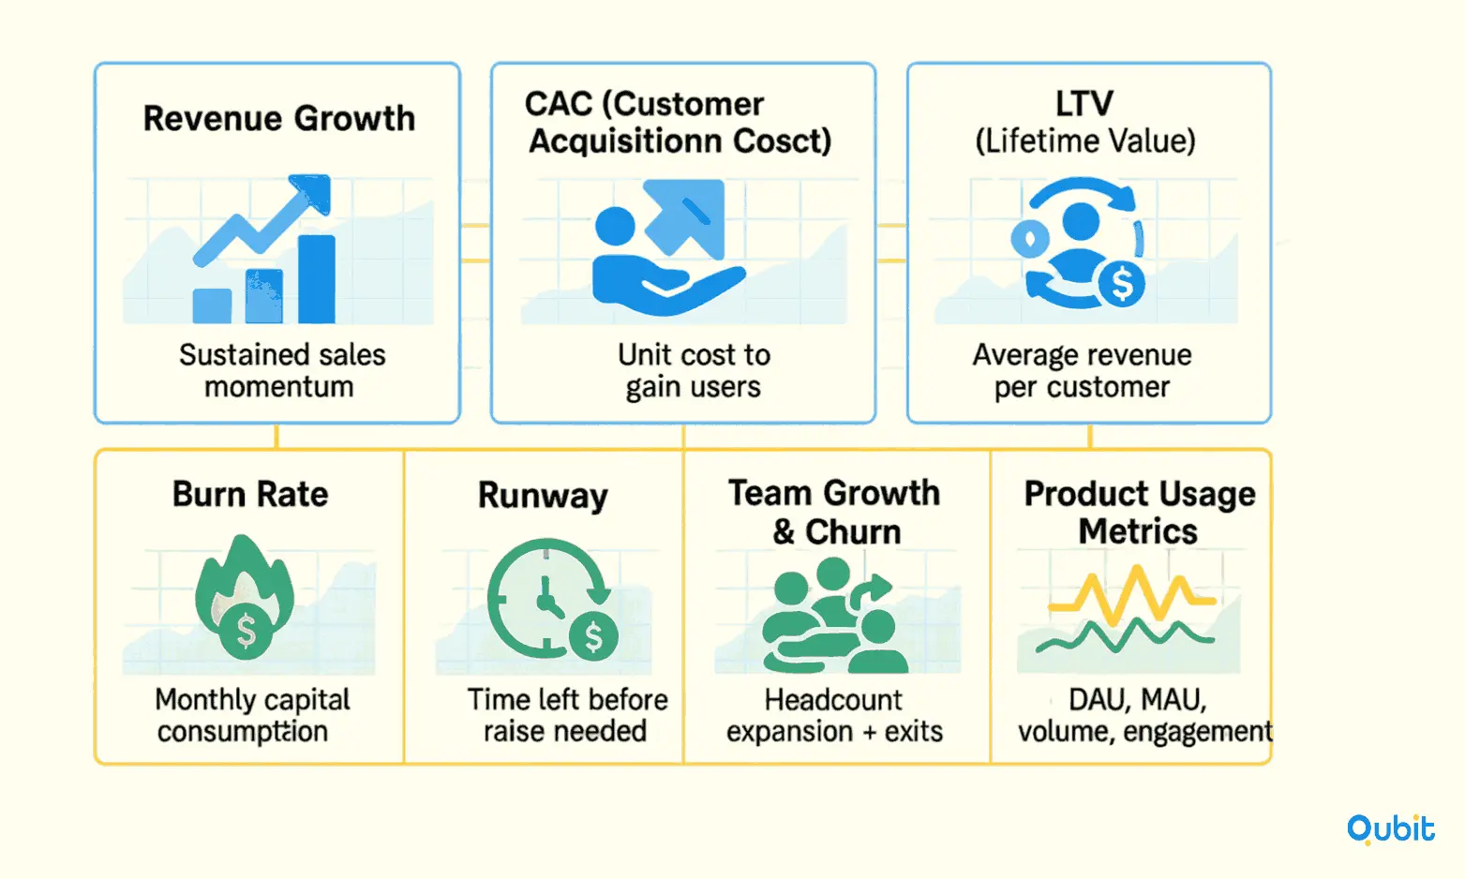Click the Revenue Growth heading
click(x=279, y=118)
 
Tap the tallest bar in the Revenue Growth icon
click(x=317, y=279)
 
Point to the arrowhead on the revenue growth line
click(x=312, y=193)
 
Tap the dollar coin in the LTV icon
click(x=1122, y=285)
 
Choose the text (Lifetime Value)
click(x=1085, y=141)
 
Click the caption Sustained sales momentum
click(x=282, y=371)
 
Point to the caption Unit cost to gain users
click(x=694, y=371)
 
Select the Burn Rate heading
click(x=250, y=494)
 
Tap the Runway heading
click(x=543, y=495)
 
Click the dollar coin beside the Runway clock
click(x=594, y=635)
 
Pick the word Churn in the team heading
click(x=853, y=531)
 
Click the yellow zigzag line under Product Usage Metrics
click(x=1132, y=594)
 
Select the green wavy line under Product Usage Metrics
click(x=1125, y=635)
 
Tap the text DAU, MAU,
click(x=1138, y=700)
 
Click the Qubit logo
click(x=1391, y=829)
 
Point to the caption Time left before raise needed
click(x=567, y=716)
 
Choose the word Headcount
click(x=833, y=700)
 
